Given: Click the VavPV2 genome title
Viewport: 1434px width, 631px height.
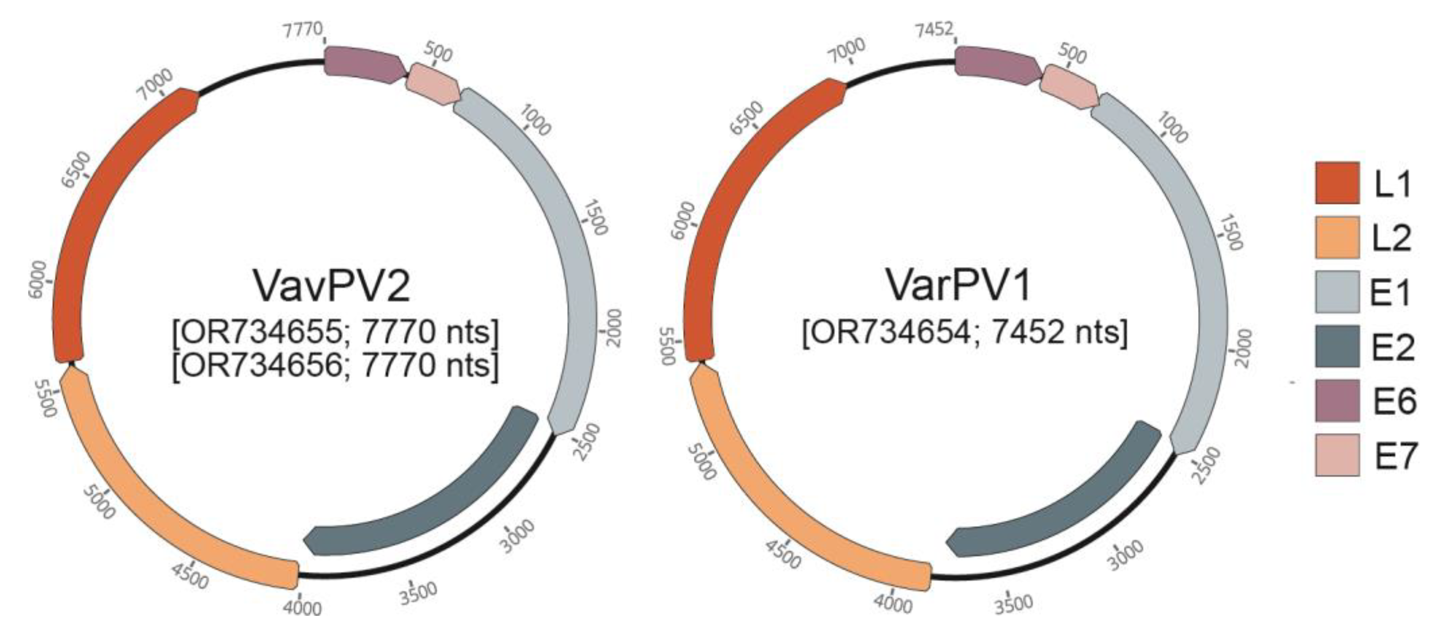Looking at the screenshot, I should [x=332, y=285].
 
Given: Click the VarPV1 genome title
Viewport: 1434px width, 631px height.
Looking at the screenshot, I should [x=958, y=285].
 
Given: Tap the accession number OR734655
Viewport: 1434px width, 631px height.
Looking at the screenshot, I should [x=264, y=332].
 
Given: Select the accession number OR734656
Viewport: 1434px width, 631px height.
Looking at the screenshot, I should [x=264, y=366].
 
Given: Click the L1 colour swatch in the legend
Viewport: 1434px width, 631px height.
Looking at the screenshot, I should [x=1337, y=183].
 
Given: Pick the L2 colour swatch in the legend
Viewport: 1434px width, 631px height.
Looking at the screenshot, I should [x=1337, y=237].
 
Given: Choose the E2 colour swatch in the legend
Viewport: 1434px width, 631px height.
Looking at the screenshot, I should [x=1337, y=346].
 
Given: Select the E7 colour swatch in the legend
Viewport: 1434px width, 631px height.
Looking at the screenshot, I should [x=1337, y=455].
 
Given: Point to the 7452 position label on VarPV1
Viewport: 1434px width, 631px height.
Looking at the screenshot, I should [x=934, y=29].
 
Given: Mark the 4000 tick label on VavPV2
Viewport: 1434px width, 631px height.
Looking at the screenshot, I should [x=302, y=606].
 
